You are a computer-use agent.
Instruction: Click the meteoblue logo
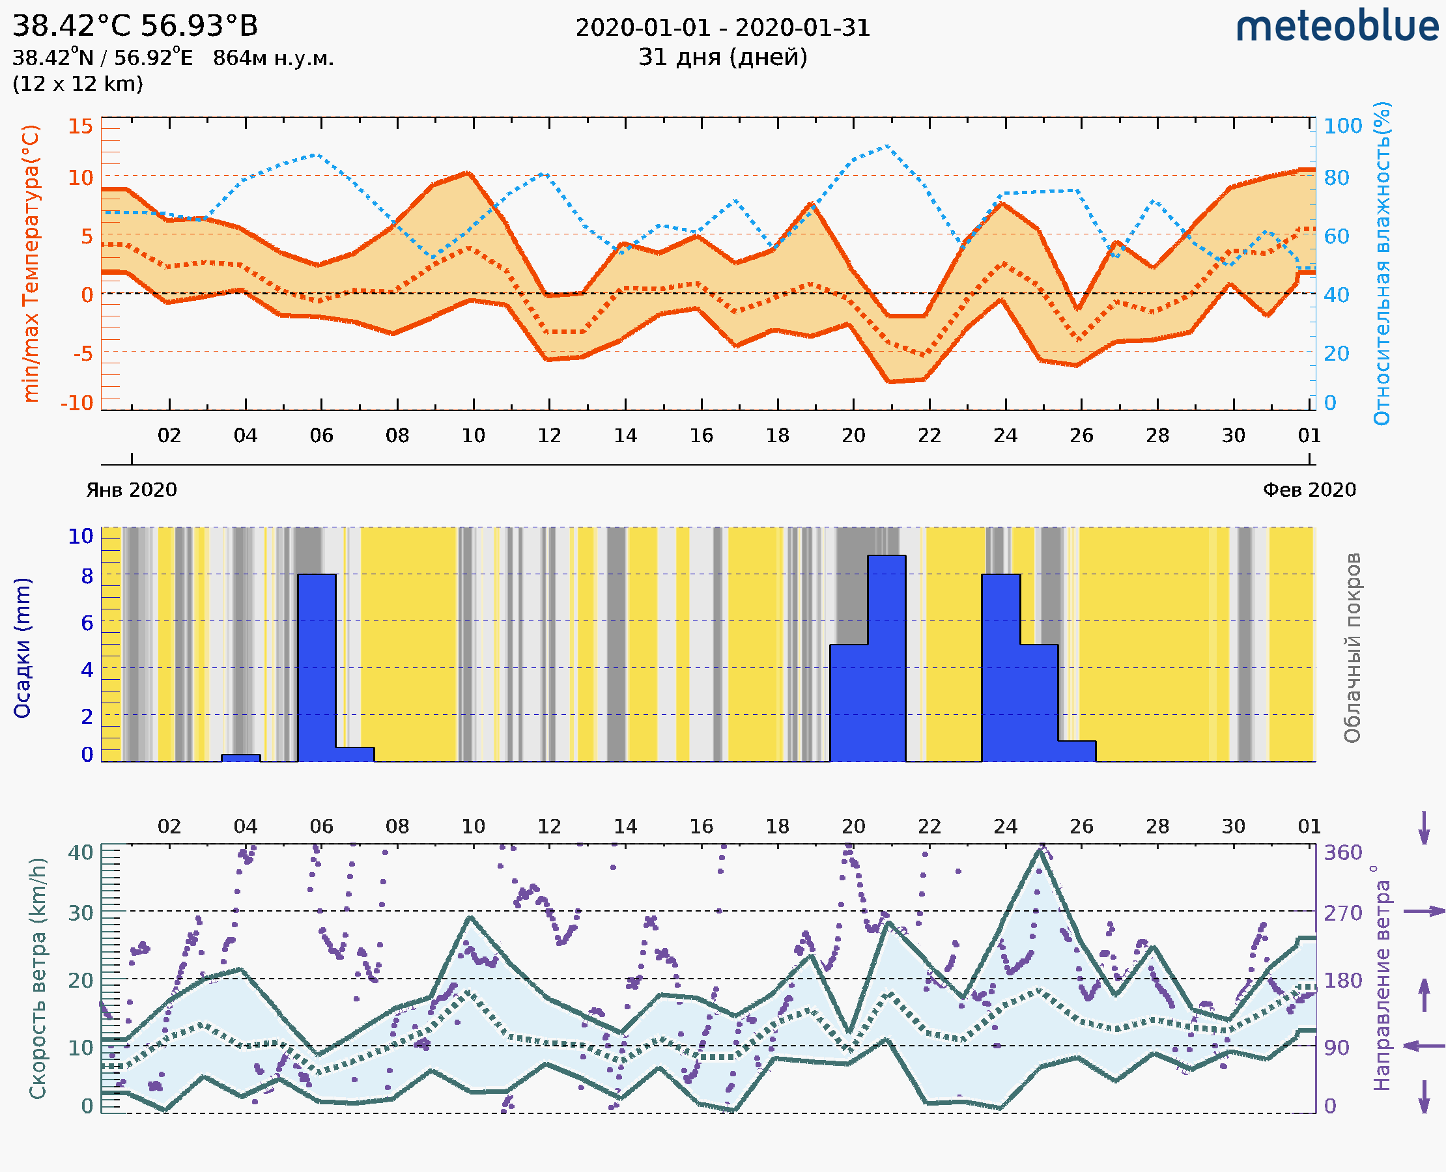point(1337,27)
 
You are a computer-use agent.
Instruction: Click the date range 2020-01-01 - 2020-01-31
point(722,28)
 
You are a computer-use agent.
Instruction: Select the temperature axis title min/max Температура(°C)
point(31,263)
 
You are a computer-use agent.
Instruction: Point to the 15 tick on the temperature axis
point(80,126)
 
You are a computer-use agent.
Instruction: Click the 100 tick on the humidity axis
point(1342,126)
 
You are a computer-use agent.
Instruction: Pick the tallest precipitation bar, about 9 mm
point(886,658)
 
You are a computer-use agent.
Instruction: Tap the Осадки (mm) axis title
point(22,648)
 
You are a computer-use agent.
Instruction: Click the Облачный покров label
point(1352,648)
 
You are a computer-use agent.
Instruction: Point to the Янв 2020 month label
point(131,490)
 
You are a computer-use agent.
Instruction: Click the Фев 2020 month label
point(1309,490)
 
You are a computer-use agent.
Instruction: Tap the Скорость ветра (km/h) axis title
point(38,979)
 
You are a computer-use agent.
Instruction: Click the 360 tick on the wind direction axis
point(1342,853)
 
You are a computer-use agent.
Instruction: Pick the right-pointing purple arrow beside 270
point(1423,912)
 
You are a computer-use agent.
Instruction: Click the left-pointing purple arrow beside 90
point(1423,1046)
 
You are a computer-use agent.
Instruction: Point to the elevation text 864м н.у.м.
point(273,59)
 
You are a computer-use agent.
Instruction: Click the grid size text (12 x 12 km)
point(78,85)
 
